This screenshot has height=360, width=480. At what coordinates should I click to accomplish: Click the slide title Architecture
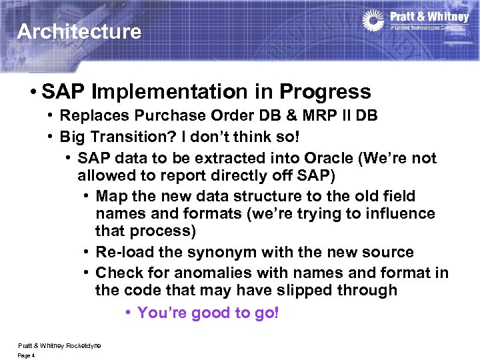[79, 31]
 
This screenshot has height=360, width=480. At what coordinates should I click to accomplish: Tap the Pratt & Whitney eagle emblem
[373, 21]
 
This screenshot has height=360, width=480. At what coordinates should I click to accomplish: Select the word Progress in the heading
[328, 91]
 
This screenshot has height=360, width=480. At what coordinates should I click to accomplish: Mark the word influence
[403, 214]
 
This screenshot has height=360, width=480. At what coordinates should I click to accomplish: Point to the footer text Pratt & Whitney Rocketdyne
[59, 345]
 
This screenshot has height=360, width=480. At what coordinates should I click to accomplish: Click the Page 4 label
[26, 355]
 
